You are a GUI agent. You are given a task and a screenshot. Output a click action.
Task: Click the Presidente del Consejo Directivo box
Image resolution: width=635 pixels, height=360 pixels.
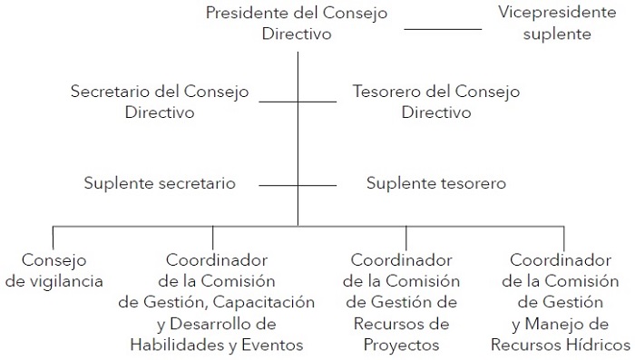pos(297,24)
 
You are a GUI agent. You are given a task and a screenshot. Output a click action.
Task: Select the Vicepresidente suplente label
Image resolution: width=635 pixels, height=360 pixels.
pos(545,24)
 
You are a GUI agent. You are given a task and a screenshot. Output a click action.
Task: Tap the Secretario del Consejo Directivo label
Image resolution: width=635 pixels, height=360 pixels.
pos(160,102)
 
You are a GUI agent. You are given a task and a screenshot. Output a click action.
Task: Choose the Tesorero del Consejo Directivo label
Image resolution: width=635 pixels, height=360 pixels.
pos(436,102)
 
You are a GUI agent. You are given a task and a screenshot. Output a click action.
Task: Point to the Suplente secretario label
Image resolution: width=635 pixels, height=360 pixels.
pos(160,183)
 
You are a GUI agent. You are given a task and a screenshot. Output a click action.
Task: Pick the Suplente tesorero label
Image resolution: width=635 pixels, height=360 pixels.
pos(436,183)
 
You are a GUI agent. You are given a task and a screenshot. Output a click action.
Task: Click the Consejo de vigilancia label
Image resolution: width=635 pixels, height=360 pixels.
pos(54,269)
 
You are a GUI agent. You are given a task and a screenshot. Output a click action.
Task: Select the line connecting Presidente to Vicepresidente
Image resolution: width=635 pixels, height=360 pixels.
pos(443,29)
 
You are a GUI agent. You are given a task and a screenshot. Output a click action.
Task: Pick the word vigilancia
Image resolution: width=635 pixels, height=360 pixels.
pos(66,280)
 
